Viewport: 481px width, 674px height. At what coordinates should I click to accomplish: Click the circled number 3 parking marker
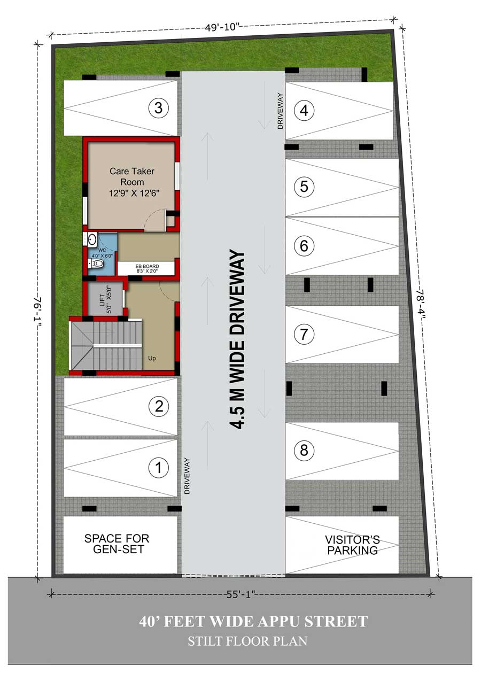point(159,108)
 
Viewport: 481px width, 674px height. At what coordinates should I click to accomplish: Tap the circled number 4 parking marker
point(304,110)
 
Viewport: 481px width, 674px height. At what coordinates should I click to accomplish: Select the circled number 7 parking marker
point(304,334)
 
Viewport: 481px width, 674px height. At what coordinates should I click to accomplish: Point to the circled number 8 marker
point(304,450)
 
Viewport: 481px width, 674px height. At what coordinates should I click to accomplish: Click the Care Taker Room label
point(133,182)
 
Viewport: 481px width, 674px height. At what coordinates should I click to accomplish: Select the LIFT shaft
point(105,299)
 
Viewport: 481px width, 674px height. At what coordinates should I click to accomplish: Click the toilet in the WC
point(96,264)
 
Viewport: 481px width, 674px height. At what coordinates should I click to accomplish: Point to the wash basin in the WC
point(92,240)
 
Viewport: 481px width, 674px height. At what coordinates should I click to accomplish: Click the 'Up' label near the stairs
point(152,358)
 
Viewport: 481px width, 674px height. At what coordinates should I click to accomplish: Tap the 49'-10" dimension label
point(222,27)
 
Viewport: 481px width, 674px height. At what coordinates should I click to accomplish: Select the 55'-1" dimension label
point(241,594)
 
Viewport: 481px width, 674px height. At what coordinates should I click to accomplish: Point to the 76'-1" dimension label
point(38,311)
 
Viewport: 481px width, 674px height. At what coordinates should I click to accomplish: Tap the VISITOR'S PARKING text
point(352,545)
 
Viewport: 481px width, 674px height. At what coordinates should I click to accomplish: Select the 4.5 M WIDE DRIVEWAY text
point(237,339)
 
